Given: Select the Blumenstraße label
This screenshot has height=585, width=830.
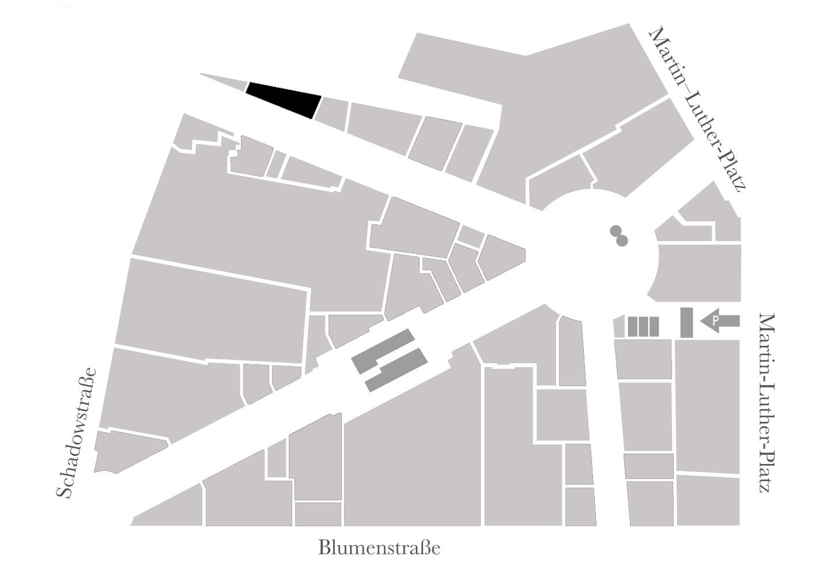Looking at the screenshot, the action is [379, 548].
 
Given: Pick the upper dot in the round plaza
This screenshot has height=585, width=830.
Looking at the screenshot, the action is [616, 232].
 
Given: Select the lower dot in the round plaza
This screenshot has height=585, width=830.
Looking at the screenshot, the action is [621, 241].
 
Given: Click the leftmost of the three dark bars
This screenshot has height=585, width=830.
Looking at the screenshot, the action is [632, 326].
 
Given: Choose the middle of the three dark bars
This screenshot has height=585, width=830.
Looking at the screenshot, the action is [643, 326].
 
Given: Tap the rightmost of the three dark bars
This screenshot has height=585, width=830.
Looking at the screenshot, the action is [654, 326].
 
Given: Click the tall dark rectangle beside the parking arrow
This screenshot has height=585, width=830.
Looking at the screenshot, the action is [686, 322].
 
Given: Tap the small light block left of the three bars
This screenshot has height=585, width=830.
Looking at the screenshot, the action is [619, 326].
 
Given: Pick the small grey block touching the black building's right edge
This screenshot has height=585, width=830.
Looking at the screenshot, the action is [333, 113].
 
